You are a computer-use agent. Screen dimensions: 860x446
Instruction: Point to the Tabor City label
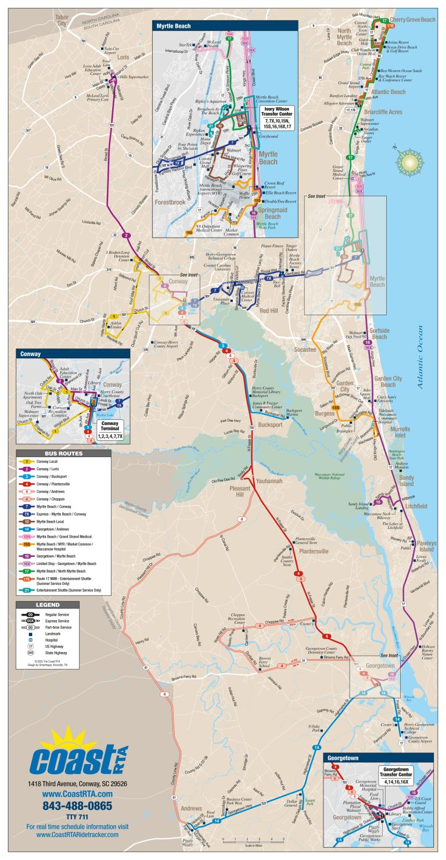(x=62, y=20)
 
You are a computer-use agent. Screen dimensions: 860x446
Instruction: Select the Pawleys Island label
(x=426, y=546)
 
